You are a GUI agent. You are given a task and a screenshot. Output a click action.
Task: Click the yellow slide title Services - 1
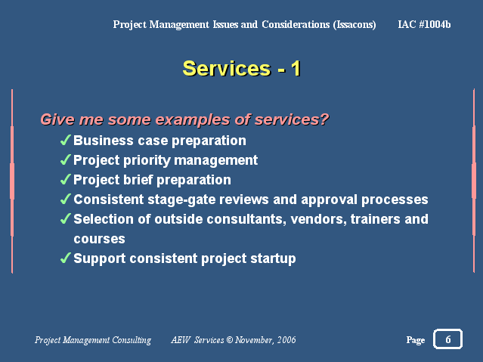point(242,69)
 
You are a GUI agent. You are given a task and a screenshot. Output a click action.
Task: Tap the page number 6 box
point(447,339)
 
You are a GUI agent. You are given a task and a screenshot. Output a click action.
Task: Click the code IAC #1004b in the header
point(424,24)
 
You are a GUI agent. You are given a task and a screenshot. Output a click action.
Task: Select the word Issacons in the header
point(355,25)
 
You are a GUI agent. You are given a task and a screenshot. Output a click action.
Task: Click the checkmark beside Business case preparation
point(66,140)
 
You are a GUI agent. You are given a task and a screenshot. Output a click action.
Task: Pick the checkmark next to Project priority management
point(66,159)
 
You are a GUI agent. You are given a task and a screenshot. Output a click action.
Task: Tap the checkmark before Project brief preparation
point(66,179)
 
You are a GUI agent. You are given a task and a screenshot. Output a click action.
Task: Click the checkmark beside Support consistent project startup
point(66,258)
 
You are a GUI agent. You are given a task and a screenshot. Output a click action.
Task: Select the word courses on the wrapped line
point(99,239)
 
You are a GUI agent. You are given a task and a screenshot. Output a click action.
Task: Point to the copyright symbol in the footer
point(230,340)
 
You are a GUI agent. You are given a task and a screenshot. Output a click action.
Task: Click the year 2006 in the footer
point(286,340)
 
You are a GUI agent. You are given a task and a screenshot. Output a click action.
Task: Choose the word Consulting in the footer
point(132,340)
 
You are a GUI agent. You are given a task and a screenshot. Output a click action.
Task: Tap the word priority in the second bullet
point(147,161)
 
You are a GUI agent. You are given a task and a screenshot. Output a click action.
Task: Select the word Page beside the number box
point(416,340)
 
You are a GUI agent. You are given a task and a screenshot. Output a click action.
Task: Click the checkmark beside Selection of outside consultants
point(66,218)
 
